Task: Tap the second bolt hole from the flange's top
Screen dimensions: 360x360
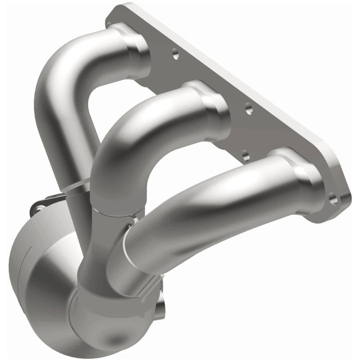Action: pyautogui.click(x=248, y=109)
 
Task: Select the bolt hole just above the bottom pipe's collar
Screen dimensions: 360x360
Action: pyautogui.click(x=244, y=155)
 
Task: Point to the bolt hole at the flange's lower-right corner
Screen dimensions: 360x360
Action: pyautogui.click(x=332, y=199)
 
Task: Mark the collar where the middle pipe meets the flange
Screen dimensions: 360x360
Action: pyautogui.click(x=213, y=107)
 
